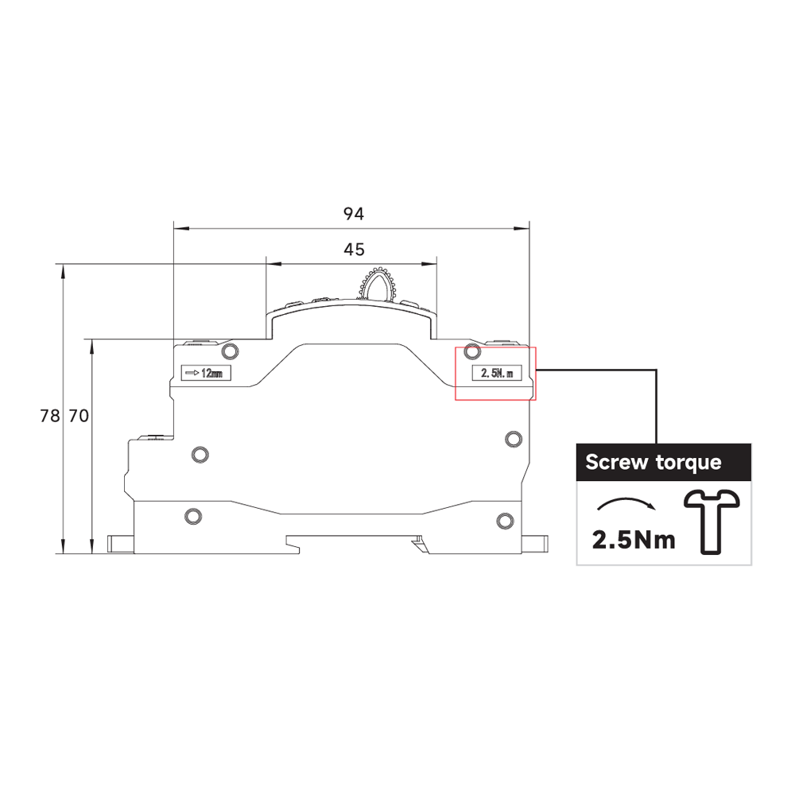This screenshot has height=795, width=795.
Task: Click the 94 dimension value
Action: click(x=354, y=214)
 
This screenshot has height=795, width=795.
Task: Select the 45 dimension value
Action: click(x=354, y=250)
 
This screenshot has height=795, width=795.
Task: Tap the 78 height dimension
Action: click(x=49, y=416)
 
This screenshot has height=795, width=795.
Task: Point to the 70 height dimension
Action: click(x=79, y=416)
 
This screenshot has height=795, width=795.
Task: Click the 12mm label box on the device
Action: click(x=206, y=373)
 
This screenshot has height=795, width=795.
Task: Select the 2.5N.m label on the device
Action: click(x=497, y=373)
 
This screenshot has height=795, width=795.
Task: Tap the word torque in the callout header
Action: click(x=688, y=463)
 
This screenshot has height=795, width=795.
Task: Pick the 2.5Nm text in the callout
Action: click(x=634, y=540)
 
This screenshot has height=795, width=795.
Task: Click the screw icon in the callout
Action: click(x=711, y=522)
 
